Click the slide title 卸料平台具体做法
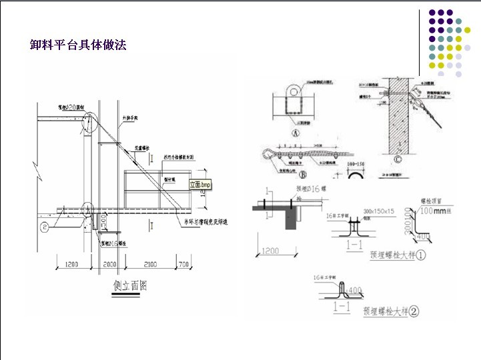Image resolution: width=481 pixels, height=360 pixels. [x=78, y=45]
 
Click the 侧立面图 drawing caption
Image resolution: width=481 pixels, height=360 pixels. [x=131, y=287]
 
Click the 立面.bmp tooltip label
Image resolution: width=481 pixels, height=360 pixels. [x=200, y=184]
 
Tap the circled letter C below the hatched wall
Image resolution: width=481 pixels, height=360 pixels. [x=398, y=159]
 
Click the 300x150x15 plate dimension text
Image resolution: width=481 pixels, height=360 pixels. [x=378, y=211]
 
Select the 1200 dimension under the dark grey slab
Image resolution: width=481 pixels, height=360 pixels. [x=270, y=251]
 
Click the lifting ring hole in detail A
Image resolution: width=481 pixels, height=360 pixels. [x=291, y=90]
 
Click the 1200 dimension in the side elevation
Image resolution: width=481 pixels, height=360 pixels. [x=71, y=264]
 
